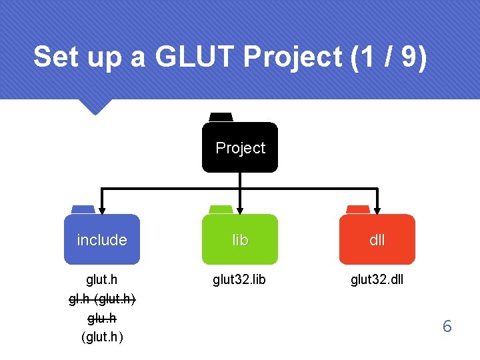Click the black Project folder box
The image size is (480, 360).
tap(240, 147)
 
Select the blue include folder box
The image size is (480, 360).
tap(102, 239)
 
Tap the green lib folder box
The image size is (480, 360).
tap(240, 239)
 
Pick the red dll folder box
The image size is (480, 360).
tap(377, 239)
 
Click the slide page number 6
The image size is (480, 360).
tap(447, 327)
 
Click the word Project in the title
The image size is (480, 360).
tap(293, 57)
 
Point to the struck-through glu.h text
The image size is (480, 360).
tap(102, 319)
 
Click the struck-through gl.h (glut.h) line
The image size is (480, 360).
tap(102, 299)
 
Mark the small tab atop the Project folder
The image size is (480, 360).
tap(221, 117)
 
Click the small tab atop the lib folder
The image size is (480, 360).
tap(221, 209)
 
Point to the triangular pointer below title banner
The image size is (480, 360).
tap(94, 107)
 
